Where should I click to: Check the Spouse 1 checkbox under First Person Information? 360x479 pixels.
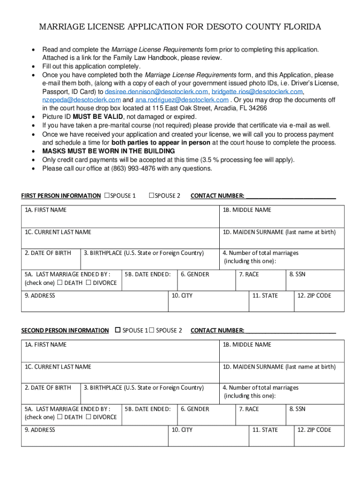pyautogui.click(x=107, y=196)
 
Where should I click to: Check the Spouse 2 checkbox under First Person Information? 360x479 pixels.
pyautogui.click(x=151, y=196)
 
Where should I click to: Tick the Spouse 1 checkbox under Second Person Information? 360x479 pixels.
pyautogui.click(x=118, y=330)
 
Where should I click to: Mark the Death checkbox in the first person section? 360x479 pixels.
pyautogui.click(x=60, y=283)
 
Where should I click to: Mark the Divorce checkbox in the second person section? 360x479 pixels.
pyautogui.click(x=88, y=417)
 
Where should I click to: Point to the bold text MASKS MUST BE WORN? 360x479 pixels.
pyautogui.click(x=108, y=151)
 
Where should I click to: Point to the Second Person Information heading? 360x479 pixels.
pyautogui.click(x=65, y=331)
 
